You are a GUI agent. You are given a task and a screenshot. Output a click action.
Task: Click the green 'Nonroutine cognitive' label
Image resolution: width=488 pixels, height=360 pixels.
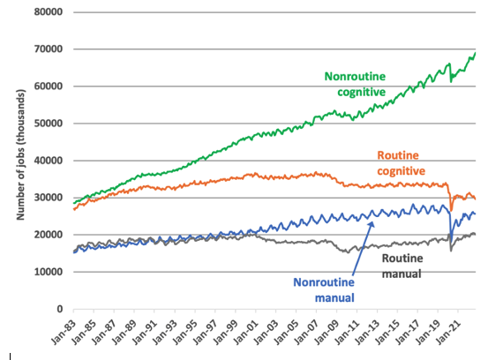[355, 83]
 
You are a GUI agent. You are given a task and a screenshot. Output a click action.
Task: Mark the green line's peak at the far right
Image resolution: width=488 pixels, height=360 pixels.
[476, 53]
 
